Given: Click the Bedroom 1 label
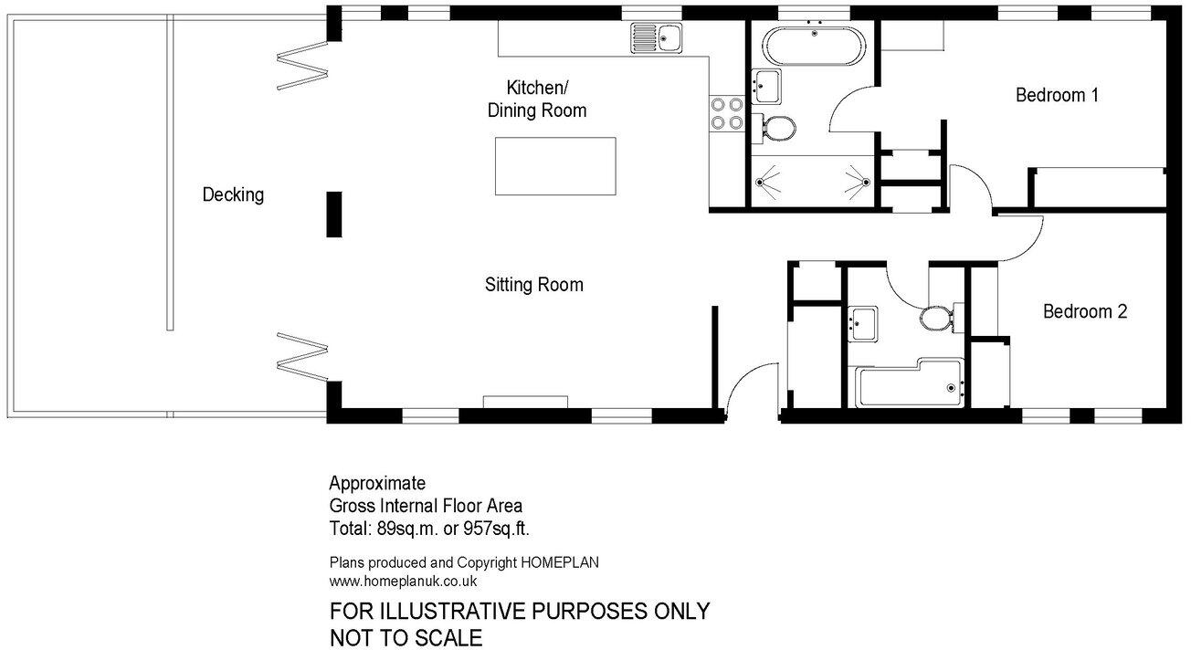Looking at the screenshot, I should pyautogui.click(x=1057, y=95).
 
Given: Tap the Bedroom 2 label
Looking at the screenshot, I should pyautogui.click(x=1085, y=311).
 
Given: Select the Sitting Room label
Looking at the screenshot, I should pyautogui.click(x=533, y=285).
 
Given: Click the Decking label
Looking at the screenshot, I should pyautogui.click(x=233, y=194).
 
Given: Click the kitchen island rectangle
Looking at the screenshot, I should pyautogui.click(x=555, y=165).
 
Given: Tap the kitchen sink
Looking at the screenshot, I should pyautogui.click(x=655, y=38).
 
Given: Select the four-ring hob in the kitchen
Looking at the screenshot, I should pyautogui.click(x=726, y=113).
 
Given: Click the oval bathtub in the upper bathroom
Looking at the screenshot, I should pyautogui.click(x=811, y=45).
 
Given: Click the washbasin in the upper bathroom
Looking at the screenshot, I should pyautogui.click(x=765, y=85).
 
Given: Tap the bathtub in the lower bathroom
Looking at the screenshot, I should pyautogui.click(x=908, y=387).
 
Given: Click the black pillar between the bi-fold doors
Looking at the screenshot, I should pyautogui.click(x=334, y=215).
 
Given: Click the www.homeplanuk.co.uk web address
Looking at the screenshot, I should pyautogui.click(x=403, y=581).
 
